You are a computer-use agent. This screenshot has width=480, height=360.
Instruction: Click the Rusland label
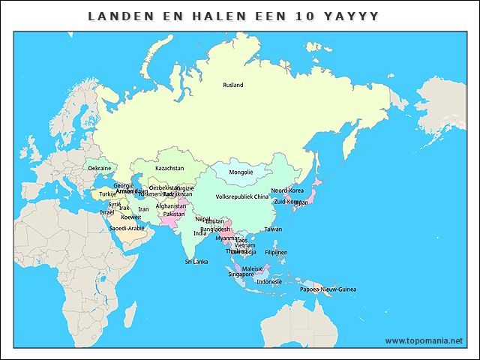(x=233, y=85)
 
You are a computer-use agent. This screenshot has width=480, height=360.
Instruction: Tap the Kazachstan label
(x=169, y=168)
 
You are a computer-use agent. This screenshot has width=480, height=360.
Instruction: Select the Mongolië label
(x=241, y=172)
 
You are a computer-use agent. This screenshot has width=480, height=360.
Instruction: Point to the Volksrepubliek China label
(x=241, y=196)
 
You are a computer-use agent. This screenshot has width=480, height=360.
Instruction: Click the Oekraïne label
(x=100, y=168)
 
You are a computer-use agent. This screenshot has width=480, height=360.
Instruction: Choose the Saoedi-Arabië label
(x=127, y=228)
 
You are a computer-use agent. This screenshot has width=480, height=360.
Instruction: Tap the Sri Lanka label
(x=196, y=262)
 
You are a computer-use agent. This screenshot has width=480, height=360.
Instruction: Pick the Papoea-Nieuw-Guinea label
(x=328, y=289)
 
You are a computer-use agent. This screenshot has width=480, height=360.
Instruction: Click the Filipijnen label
(x=277, y=252)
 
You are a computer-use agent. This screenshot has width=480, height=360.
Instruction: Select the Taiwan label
(x=273, y=229)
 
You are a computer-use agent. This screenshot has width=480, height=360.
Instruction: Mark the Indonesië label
(x=269, y=281)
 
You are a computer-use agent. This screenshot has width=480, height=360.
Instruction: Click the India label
(x=200, y=233)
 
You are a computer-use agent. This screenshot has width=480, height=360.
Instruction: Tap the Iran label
(x=143, y=209)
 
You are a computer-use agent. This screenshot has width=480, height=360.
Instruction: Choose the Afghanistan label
(x=171, y=205)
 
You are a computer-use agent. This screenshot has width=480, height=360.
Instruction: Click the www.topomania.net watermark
(x=424, y=340)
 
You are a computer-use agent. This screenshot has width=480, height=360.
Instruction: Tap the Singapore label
(x=241, y=274)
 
